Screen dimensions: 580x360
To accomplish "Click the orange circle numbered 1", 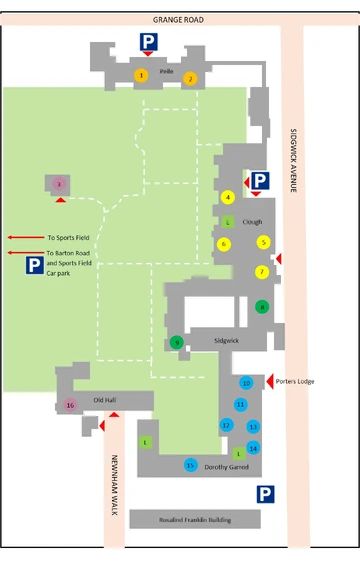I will tap(142, 75).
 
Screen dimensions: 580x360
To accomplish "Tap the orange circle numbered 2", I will tap(190, 78).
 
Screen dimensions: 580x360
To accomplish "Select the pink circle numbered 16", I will tap(70, 405).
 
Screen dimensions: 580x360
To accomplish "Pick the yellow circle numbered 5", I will tap(263, 241).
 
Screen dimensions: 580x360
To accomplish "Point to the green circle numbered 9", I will tap(177, 342).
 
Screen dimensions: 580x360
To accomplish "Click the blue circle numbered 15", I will tap(190, 465).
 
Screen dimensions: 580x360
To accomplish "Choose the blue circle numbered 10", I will tap(246, 383).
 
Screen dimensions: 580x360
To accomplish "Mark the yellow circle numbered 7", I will tap(262, 271).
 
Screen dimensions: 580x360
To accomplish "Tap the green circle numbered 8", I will tap(262, 307).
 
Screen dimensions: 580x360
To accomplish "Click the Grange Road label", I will tap(179, 18).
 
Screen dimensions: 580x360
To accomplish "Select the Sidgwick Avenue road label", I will tap(294, 165).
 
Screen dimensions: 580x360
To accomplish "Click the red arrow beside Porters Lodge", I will tap(270, 381).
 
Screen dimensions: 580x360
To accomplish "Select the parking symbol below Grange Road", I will tap(147, 42).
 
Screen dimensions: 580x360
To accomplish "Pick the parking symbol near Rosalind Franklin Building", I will tap(265, 494).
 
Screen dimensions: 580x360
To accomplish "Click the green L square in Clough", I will tap(228, 221).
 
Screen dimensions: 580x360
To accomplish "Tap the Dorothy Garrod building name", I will tap(226, 467).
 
